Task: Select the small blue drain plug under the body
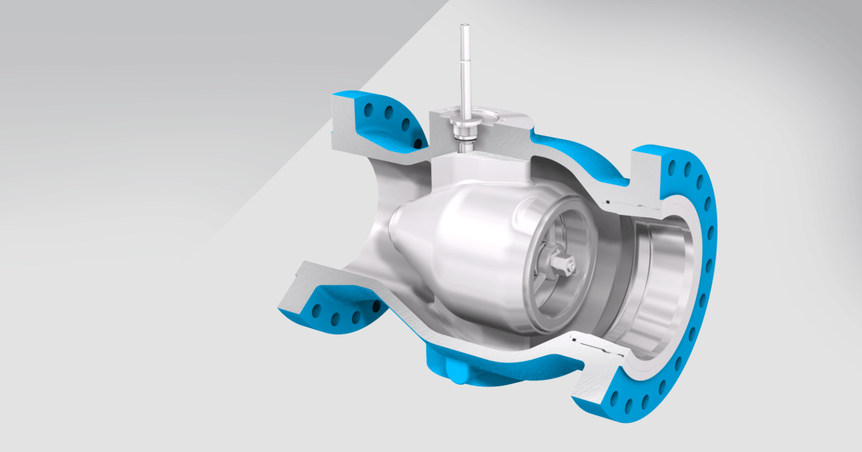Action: [459, 378]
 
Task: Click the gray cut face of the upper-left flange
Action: [344, 128]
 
